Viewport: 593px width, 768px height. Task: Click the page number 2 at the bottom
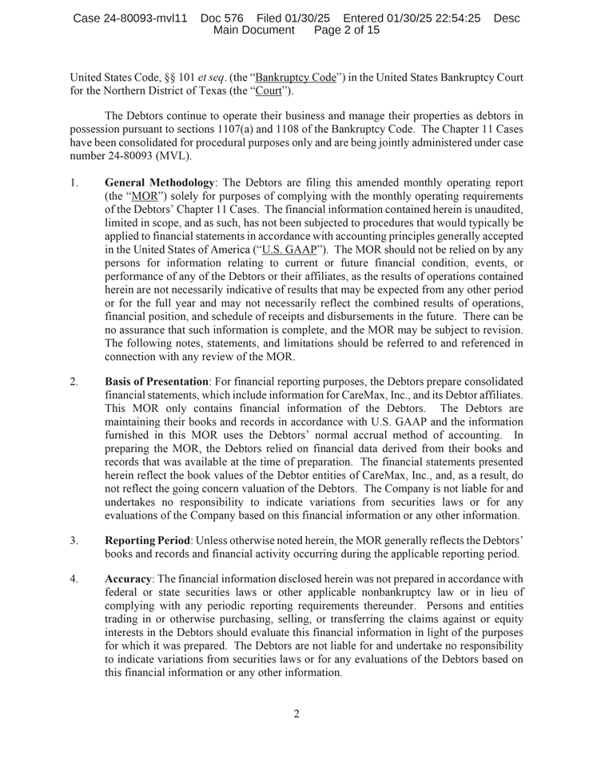296,714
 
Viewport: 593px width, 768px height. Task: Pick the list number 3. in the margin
74,540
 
